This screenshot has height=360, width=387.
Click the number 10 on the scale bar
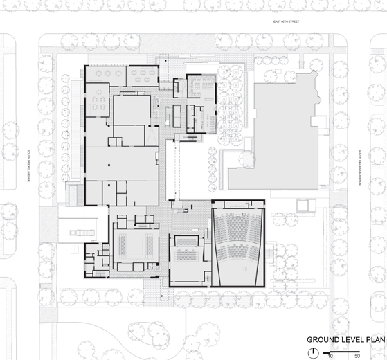tap(331, 356)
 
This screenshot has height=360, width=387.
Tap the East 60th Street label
tap(285, 22)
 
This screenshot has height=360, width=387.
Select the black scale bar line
tap(342, 351)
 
